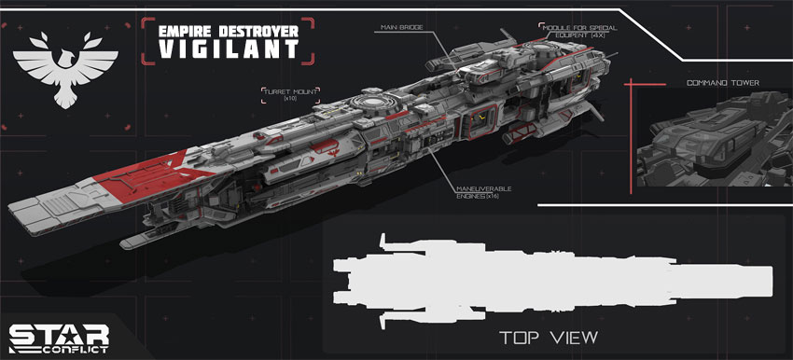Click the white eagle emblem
pos(65,69)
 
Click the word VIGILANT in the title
pos(228,49)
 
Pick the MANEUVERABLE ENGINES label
pos(484,192)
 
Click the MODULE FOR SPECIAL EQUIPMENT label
pos(579,32)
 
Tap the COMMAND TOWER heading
pos(723,82)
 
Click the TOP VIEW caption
pos(549,338)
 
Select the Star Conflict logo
pos(59,339)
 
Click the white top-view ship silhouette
pos(552,282)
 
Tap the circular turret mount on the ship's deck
pos(373,102)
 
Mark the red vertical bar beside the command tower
pos(631,136)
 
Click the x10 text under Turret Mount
pos(291,99)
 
